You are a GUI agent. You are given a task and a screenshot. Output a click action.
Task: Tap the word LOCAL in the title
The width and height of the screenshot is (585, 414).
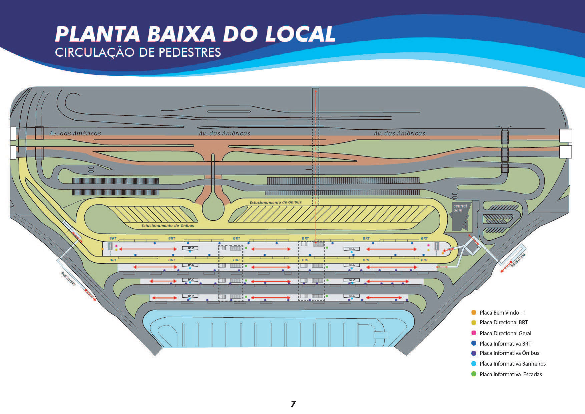coord(300,34)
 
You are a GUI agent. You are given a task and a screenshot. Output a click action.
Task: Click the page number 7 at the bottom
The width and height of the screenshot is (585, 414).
coord(293,404)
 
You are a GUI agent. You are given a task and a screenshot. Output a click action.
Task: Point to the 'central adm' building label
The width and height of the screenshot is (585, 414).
coord(460,208)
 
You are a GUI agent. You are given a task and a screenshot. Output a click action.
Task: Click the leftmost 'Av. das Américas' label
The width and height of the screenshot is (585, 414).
coord(75,133)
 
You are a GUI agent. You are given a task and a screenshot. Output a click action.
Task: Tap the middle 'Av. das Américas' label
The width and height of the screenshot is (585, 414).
coord(224,133)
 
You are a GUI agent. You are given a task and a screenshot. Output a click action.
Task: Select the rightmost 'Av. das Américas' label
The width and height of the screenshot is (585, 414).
coord(399,133)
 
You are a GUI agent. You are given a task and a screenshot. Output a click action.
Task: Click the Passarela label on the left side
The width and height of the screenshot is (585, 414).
coord(68,279)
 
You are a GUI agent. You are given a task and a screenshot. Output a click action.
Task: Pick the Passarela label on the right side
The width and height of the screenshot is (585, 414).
coord(518,260)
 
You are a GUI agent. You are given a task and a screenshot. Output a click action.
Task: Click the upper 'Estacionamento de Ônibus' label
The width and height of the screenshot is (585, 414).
coord(275,202)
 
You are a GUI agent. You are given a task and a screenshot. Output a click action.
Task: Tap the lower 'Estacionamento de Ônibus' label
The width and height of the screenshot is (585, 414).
coord(167,226)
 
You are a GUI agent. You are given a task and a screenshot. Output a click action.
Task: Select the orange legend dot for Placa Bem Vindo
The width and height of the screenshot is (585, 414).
coord(474,313)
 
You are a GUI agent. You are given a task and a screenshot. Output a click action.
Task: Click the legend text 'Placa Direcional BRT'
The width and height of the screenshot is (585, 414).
coord(504,322)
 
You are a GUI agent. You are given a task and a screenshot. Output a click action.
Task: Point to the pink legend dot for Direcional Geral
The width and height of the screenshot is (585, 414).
coord(474,333)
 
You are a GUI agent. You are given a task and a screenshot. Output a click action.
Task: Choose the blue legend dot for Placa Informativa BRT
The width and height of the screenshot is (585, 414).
coord(474,343)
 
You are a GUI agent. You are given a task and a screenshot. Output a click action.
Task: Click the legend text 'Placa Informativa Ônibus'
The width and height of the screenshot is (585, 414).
coord(509,353)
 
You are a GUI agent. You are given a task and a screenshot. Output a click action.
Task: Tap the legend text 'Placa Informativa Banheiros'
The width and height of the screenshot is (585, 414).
coord(513,364)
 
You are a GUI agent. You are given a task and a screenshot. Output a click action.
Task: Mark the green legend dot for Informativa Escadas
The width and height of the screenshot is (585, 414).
coord(474,374)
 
